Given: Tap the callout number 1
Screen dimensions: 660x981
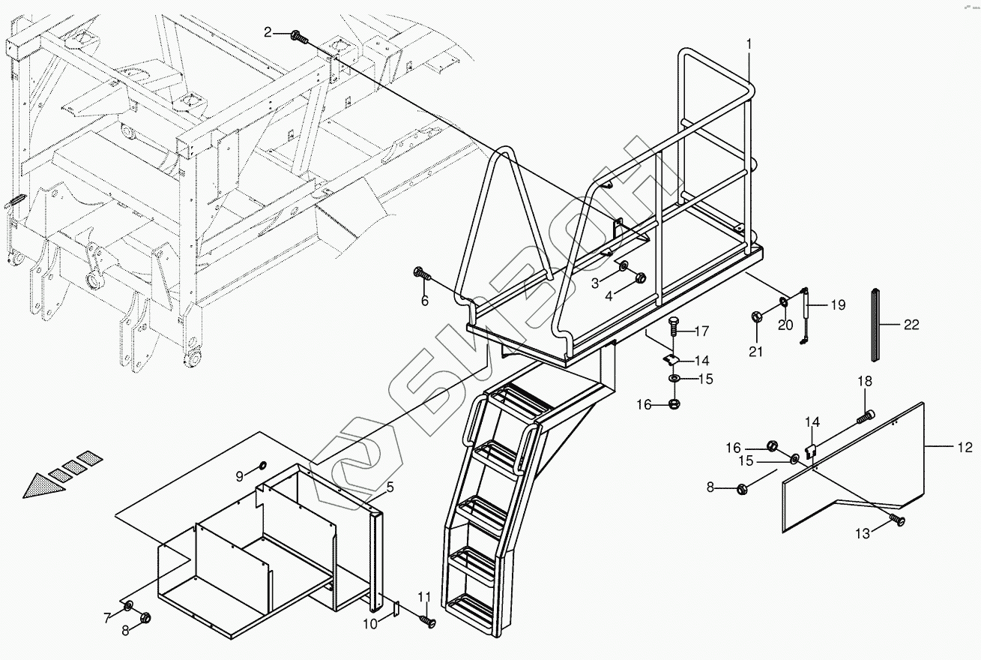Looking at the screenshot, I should tap(747, 44).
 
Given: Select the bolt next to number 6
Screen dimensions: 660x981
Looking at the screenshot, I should tap(422, 274).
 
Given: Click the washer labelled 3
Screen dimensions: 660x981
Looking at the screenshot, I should tap(624, 266).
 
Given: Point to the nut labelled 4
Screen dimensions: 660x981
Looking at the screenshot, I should tap(640, 279).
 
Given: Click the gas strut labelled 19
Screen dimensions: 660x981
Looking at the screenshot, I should tap(804, 316).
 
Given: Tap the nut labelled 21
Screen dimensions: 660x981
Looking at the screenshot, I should tap(757, 316).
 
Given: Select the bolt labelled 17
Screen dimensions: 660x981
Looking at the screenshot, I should tap(671, 328).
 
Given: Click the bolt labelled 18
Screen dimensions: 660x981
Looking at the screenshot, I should tap(866, 413).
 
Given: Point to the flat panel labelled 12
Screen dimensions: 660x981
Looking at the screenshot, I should tap(854, 465).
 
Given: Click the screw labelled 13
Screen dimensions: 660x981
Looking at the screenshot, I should tap(896, 520).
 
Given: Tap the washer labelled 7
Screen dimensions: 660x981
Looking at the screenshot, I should tap(128, 605).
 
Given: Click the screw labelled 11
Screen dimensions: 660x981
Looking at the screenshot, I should tap(427, 620).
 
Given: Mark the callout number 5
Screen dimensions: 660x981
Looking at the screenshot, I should tap(390, 487).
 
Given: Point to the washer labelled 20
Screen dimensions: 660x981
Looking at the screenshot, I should tap(783, 302).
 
